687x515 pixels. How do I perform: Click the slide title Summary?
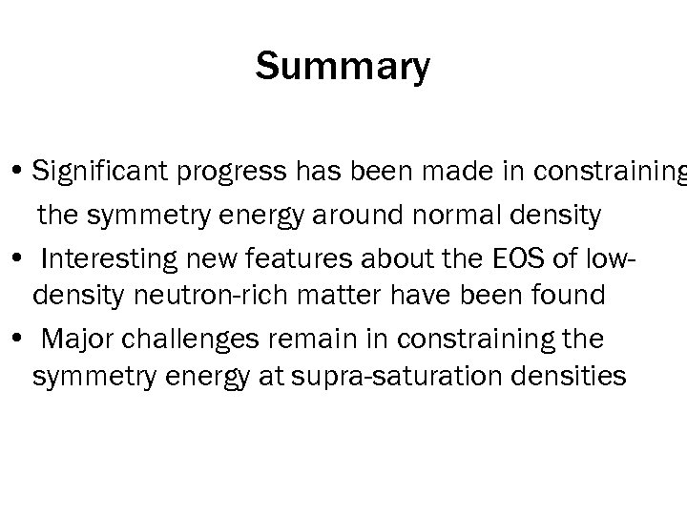point(343,67)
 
